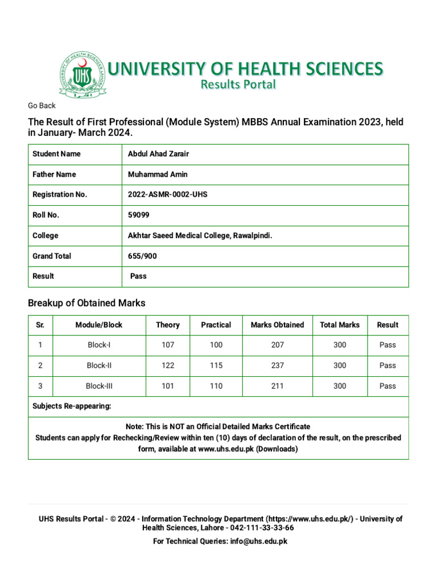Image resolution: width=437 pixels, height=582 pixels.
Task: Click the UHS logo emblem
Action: pos(82,76)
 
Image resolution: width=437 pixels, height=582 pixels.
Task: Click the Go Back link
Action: pos(42,106)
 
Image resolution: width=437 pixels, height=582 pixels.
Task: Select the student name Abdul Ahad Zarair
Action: pos(158,154)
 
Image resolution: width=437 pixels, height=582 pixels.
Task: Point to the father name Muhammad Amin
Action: pos(158,174)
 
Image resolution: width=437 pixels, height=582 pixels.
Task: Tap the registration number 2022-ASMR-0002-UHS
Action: pos(168,194)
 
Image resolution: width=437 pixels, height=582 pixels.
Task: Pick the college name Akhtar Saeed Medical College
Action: pos(196,235)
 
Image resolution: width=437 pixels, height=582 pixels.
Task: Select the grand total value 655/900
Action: pos(142,256)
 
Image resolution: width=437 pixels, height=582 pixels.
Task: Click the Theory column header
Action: pos(167,325)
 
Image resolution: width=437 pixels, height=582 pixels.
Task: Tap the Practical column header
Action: pos(216,325)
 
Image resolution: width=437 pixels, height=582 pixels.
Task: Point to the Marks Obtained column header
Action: pos(277,325)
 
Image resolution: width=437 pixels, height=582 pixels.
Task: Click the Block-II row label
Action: pos(98,365)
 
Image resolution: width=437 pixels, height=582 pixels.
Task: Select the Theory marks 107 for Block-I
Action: pos(167,345)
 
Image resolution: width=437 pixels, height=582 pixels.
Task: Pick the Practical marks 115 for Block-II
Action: pos(216,365)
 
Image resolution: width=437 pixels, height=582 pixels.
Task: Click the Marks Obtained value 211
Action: pos(277,386)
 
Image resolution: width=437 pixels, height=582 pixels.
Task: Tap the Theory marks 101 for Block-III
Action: pos(167,386)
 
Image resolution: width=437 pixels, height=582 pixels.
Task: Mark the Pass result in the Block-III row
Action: pos(387,386)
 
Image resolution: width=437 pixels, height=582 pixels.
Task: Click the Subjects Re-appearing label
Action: pos(72,406)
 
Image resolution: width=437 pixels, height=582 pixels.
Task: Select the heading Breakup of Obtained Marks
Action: pos(86,304)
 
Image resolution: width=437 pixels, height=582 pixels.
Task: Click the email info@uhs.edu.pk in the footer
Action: pos(258,541)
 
